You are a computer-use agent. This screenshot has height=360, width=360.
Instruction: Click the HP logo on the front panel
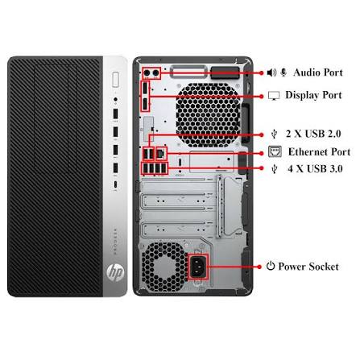pos(115,273)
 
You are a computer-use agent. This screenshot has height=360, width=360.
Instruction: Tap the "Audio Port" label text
pos(318,72)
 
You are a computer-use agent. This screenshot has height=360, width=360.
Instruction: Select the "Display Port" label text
pos(313,95)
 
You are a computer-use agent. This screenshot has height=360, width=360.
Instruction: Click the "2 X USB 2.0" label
pos(313,134)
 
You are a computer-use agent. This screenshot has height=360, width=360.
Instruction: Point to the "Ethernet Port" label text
pos(319,151)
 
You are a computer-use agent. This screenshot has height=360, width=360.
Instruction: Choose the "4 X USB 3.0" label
pos(315,168)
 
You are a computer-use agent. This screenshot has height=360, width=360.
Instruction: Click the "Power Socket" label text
pos(308,267)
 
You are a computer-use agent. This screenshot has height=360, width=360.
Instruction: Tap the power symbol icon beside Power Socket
pos(271,266)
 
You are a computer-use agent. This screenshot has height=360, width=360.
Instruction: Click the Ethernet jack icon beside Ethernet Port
pos(275,151)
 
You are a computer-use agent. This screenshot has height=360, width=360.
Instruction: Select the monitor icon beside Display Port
pos(274,96)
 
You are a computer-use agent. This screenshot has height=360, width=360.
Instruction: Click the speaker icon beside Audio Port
pos(271,72)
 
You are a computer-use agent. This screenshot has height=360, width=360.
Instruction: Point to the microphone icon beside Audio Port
pos(283,72)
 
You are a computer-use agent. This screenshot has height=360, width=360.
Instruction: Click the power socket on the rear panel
pos(198,267)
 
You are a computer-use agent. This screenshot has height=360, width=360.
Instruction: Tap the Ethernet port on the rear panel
pos(161,154)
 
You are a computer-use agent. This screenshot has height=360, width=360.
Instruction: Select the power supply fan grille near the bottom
pos(164,267)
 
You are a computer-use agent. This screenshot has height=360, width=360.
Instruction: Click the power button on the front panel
pos(116,79)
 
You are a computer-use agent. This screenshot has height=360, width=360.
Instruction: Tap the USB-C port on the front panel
pos(115,184)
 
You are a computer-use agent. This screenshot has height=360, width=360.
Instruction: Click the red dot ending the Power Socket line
pos(259,267)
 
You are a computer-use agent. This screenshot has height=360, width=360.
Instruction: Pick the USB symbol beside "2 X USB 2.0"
pos(274,134)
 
